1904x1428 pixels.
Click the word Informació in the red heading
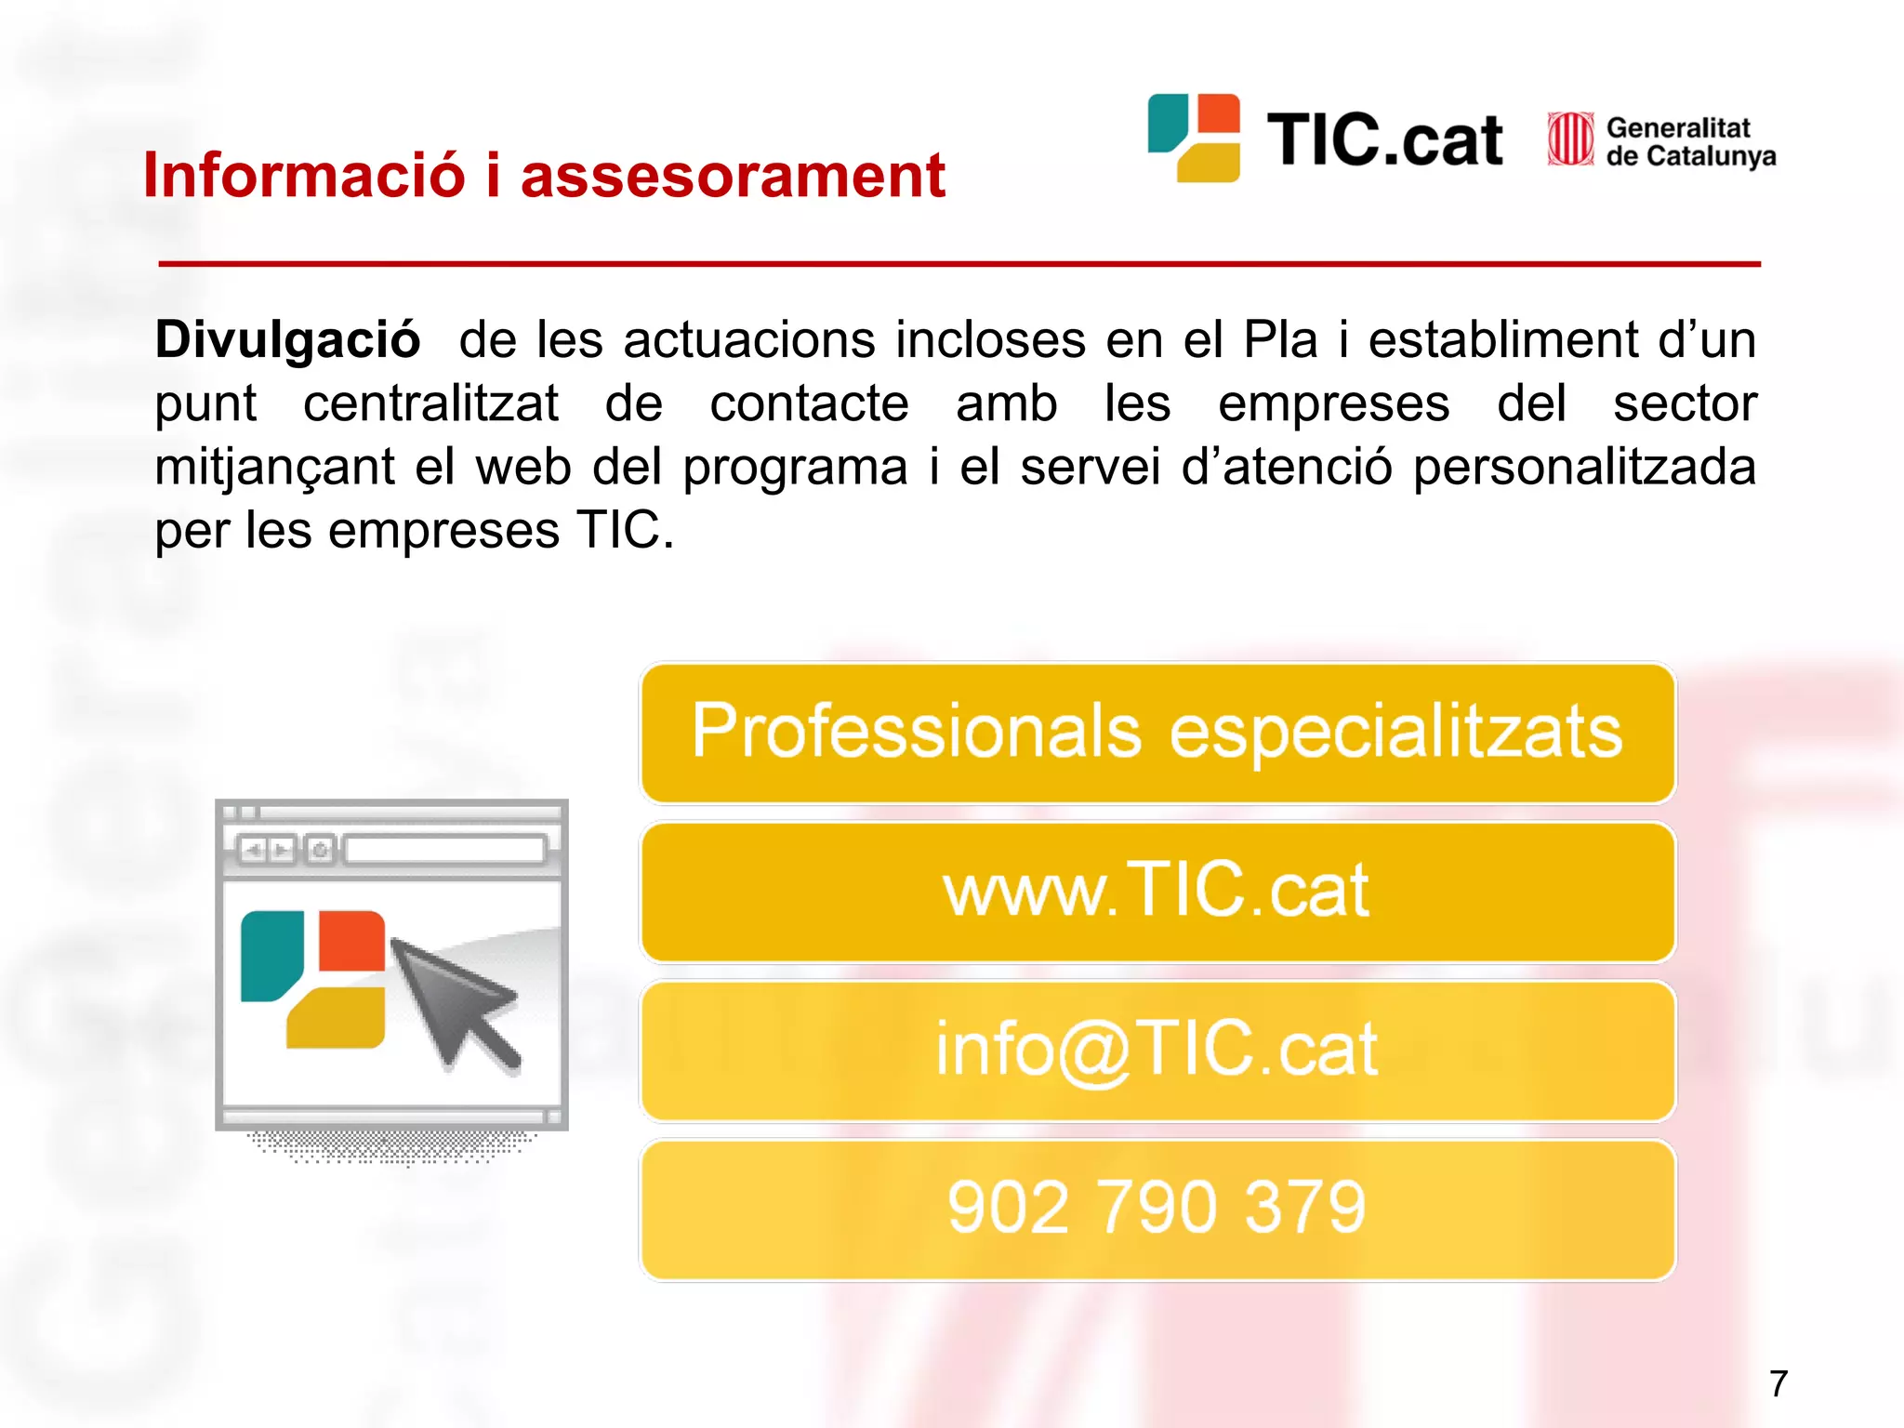303,175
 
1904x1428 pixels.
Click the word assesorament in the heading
733,177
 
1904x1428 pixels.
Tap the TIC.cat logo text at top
1384,141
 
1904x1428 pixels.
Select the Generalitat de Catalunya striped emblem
1570,139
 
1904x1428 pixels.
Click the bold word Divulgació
287,339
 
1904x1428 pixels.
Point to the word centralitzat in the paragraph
430,403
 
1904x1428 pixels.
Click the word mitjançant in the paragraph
274,467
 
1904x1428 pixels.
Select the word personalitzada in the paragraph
1584,467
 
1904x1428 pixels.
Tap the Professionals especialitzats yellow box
1157,733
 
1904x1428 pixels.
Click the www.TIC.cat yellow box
1157,892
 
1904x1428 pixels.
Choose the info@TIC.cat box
1157,1051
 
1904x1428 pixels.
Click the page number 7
1778,1383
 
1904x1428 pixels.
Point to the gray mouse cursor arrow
453,1002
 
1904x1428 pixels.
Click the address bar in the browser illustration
444,849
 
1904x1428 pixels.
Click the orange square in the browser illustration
351,941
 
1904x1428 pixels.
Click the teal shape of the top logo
1168,122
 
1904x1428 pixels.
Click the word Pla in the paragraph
1280,339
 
